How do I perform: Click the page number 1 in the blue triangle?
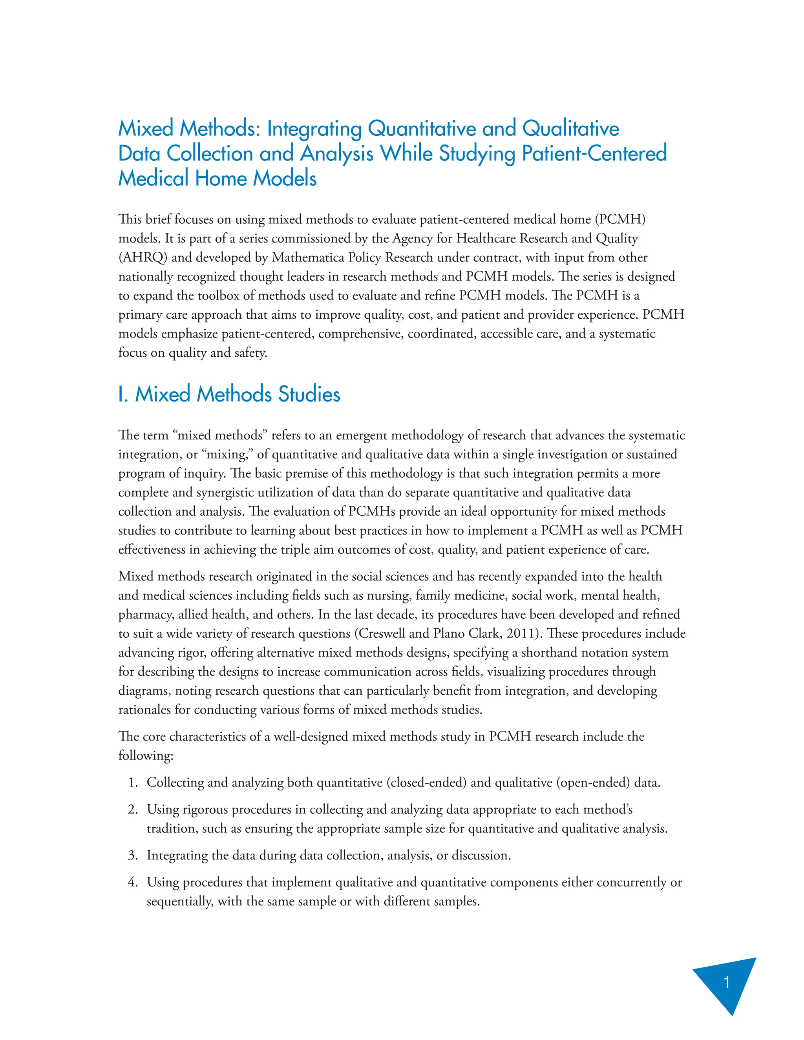[726, 982]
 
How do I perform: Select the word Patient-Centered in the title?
[594, 153]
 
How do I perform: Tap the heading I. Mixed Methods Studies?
[229, 394]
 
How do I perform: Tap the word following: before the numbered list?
[146, 756]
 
